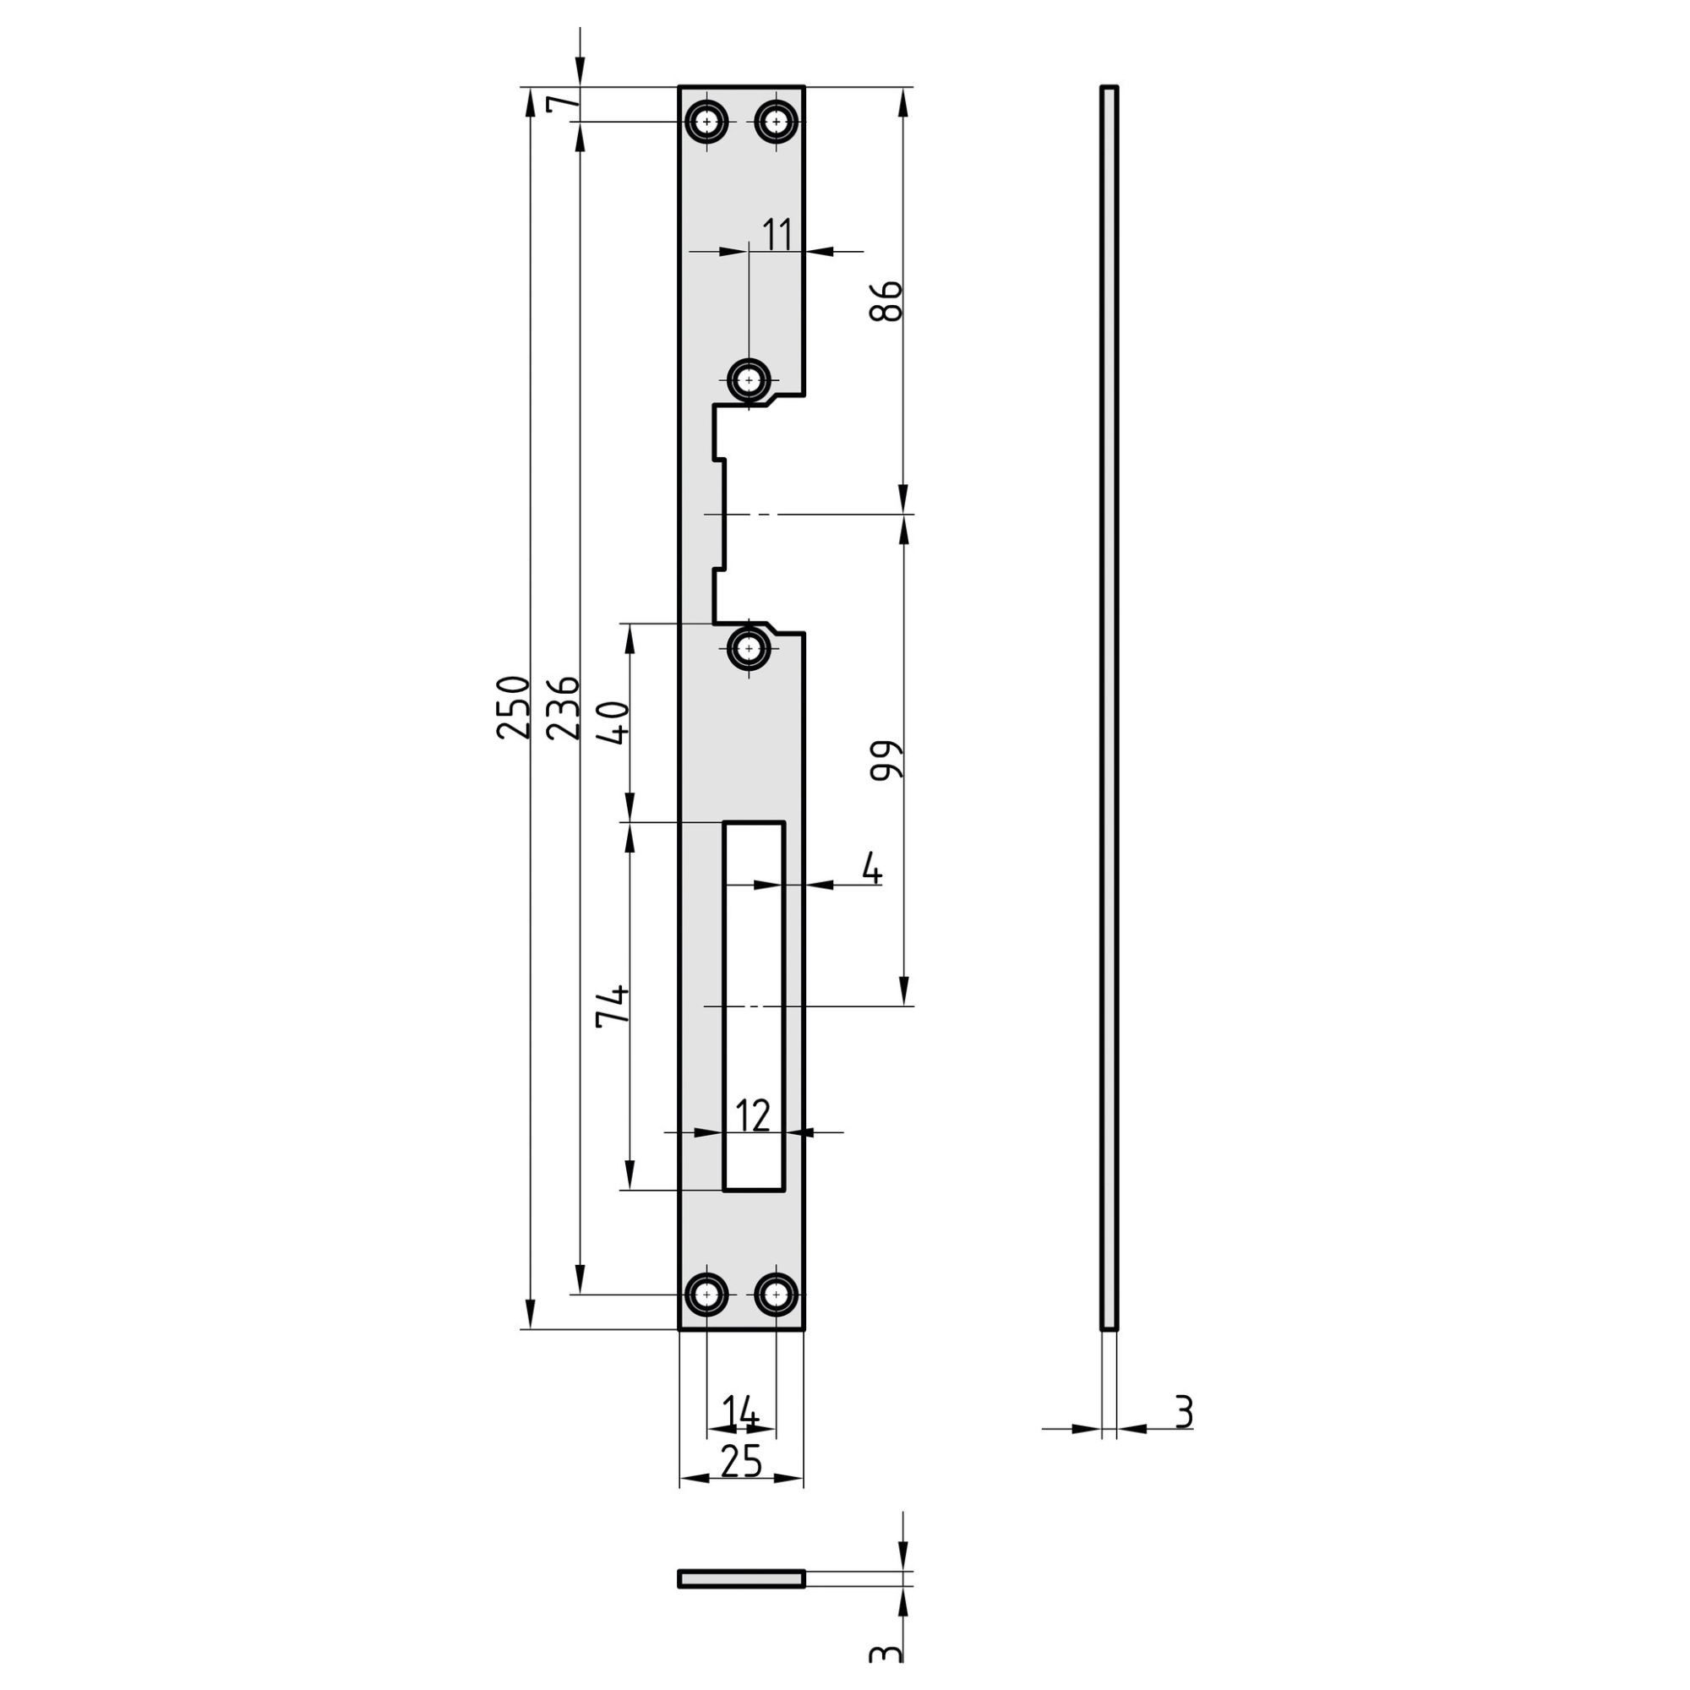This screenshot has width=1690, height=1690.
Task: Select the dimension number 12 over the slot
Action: pyautogui.click(x=752, y=1116)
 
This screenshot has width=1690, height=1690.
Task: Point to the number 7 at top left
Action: pyautogui.click(x=563, y=103)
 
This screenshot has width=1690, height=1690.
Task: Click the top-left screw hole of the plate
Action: pyautogui.click(x=706, y=122)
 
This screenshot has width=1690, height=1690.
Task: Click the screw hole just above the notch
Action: pyautogui.click(x=749, y=380)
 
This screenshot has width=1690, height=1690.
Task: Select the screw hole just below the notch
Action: pyautogui.click(x=749, y=648)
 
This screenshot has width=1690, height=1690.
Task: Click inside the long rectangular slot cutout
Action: pyautogui.click(x=753, y=1006)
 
